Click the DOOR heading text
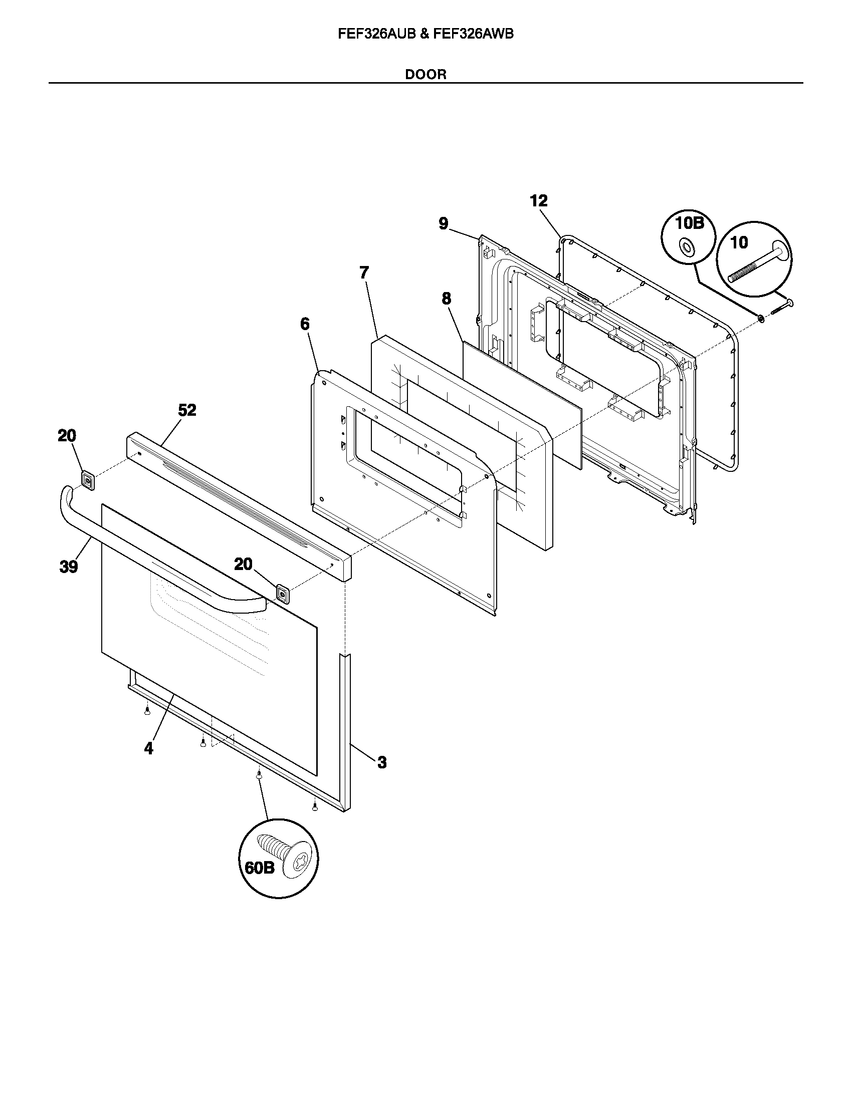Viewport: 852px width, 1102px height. click(x=425, y=75)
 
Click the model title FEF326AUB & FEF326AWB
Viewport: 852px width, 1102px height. click(x=425, y=34)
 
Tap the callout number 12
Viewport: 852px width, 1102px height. click(x=539, y=201)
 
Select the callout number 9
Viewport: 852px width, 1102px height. click(x=443, y=223)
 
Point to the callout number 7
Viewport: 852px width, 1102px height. click(x=364, y=272)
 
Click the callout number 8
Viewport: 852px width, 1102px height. click(x=446, y=299)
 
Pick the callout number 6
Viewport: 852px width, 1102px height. click(x=305, y=324)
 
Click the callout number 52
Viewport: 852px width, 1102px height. click(x=187, y=410)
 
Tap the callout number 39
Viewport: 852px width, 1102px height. click(x=69, y=567)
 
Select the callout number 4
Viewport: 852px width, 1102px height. click(x=148, y=749)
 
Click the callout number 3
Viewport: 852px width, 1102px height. click(x=382, y=762)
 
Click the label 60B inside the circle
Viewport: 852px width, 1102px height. click(x=260, y=868)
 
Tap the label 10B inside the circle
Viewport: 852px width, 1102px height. click(x=690, y=223)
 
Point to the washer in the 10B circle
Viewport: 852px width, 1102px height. click(x=687, y=247)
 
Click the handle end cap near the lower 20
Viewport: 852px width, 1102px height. click(x=282, y=595)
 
